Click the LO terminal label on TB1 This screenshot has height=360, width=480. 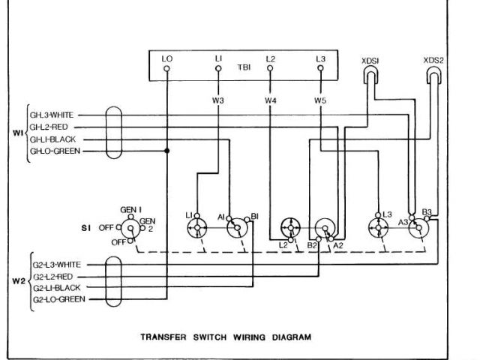(x=166, y=58)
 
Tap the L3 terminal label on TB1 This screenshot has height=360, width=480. (x=322, y=58)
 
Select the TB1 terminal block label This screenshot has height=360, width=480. (x=244, y=66)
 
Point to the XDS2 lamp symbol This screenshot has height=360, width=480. (x=433, y=74)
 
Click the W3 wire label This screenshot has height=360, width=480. (x=218, y=100)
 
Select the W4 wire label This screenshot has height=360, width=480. (x=270, y=100)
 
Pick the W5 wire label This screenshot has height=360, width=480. (x=321, y=100)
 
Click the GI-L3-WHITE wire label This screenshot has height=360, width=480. (x=55, y=115)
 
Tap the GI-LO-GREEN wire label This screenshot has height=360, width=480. (x=56, y=151)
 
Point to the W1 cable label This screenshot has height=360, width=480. (x=19, y=133)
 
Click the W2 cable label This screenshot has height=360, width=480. (x=19, y=281)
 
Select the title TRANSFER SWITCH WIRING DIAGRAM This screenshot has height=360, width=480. (x=226, y=337)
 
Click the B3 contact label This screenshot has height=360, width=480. (x=427, y=212)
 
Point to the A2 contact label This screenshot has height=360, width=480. (x=338, y=245)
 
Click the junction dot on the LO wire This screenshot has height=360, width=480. (x=166, y=151)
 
